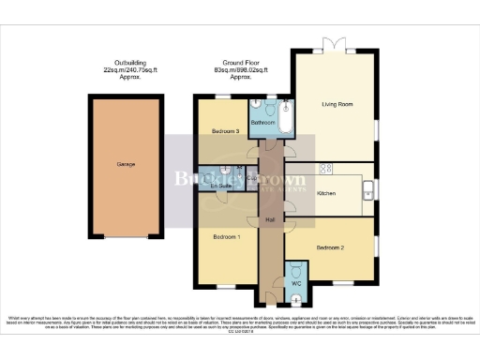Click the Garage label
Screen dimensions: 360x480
pos(126,164)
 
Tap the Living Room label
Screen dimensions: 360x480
pos(337,104)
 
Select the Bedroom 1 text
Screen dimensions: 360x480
pos(226,237)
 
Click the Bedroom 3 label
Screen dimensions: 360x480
pos(225,131)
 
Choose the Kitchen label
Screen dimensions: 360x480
pos(326,193)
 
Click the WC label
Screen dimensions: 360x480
pos(295,282)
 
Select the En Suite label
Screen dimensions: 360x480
pos(220,187)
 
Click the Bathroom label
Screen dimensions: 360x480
pos(262,123)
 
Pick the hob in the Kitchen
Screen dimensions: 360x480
pos(327,169)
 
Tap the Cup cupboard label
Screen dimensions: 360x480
pos(251,177)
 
